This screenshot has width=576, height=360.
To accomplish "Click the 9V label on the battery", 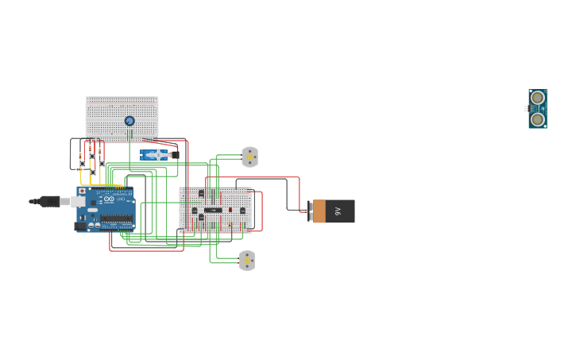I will [x=338, y=211].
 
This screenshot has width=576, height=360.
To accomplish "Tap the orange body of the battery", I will [x=319, y=211].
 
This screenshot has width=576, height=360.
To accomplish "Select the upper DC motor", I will [x=249, y=157].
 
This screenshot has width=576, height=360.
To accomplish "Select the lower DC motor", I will [x=247, y=261].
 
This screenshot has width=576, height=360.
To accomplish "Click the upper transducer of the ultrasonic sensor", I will [x=538, y=99].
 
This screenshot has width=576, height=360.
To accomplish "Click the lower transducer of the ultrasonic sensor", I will [x=538, y=119].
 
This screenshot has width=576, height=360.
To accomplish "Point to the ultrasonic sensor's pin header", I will [x=526, y=108].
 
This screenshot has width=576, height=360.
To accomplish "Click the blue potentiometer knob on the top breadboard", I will [x=130, y=121].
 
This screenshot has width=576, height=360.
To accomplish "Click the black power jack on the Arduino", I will [x=80, y=226].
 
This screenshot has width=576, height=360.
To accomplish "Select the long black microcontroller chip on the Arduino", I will [x=117, y=218].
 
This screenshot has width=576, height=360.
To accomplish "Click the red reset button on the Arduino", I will [x=82, y=191].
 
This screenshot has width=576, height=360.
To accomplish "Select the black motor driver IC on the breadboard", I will [x=213, y=210].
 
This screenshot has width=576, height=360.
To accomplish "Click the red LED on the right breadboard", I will [x=230, y=210].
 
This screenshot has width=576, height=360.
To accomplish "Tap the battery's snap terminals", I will [x=310, y=211].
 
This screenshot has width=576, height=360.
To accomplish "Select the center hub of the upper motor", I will [x=250, y=157].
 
